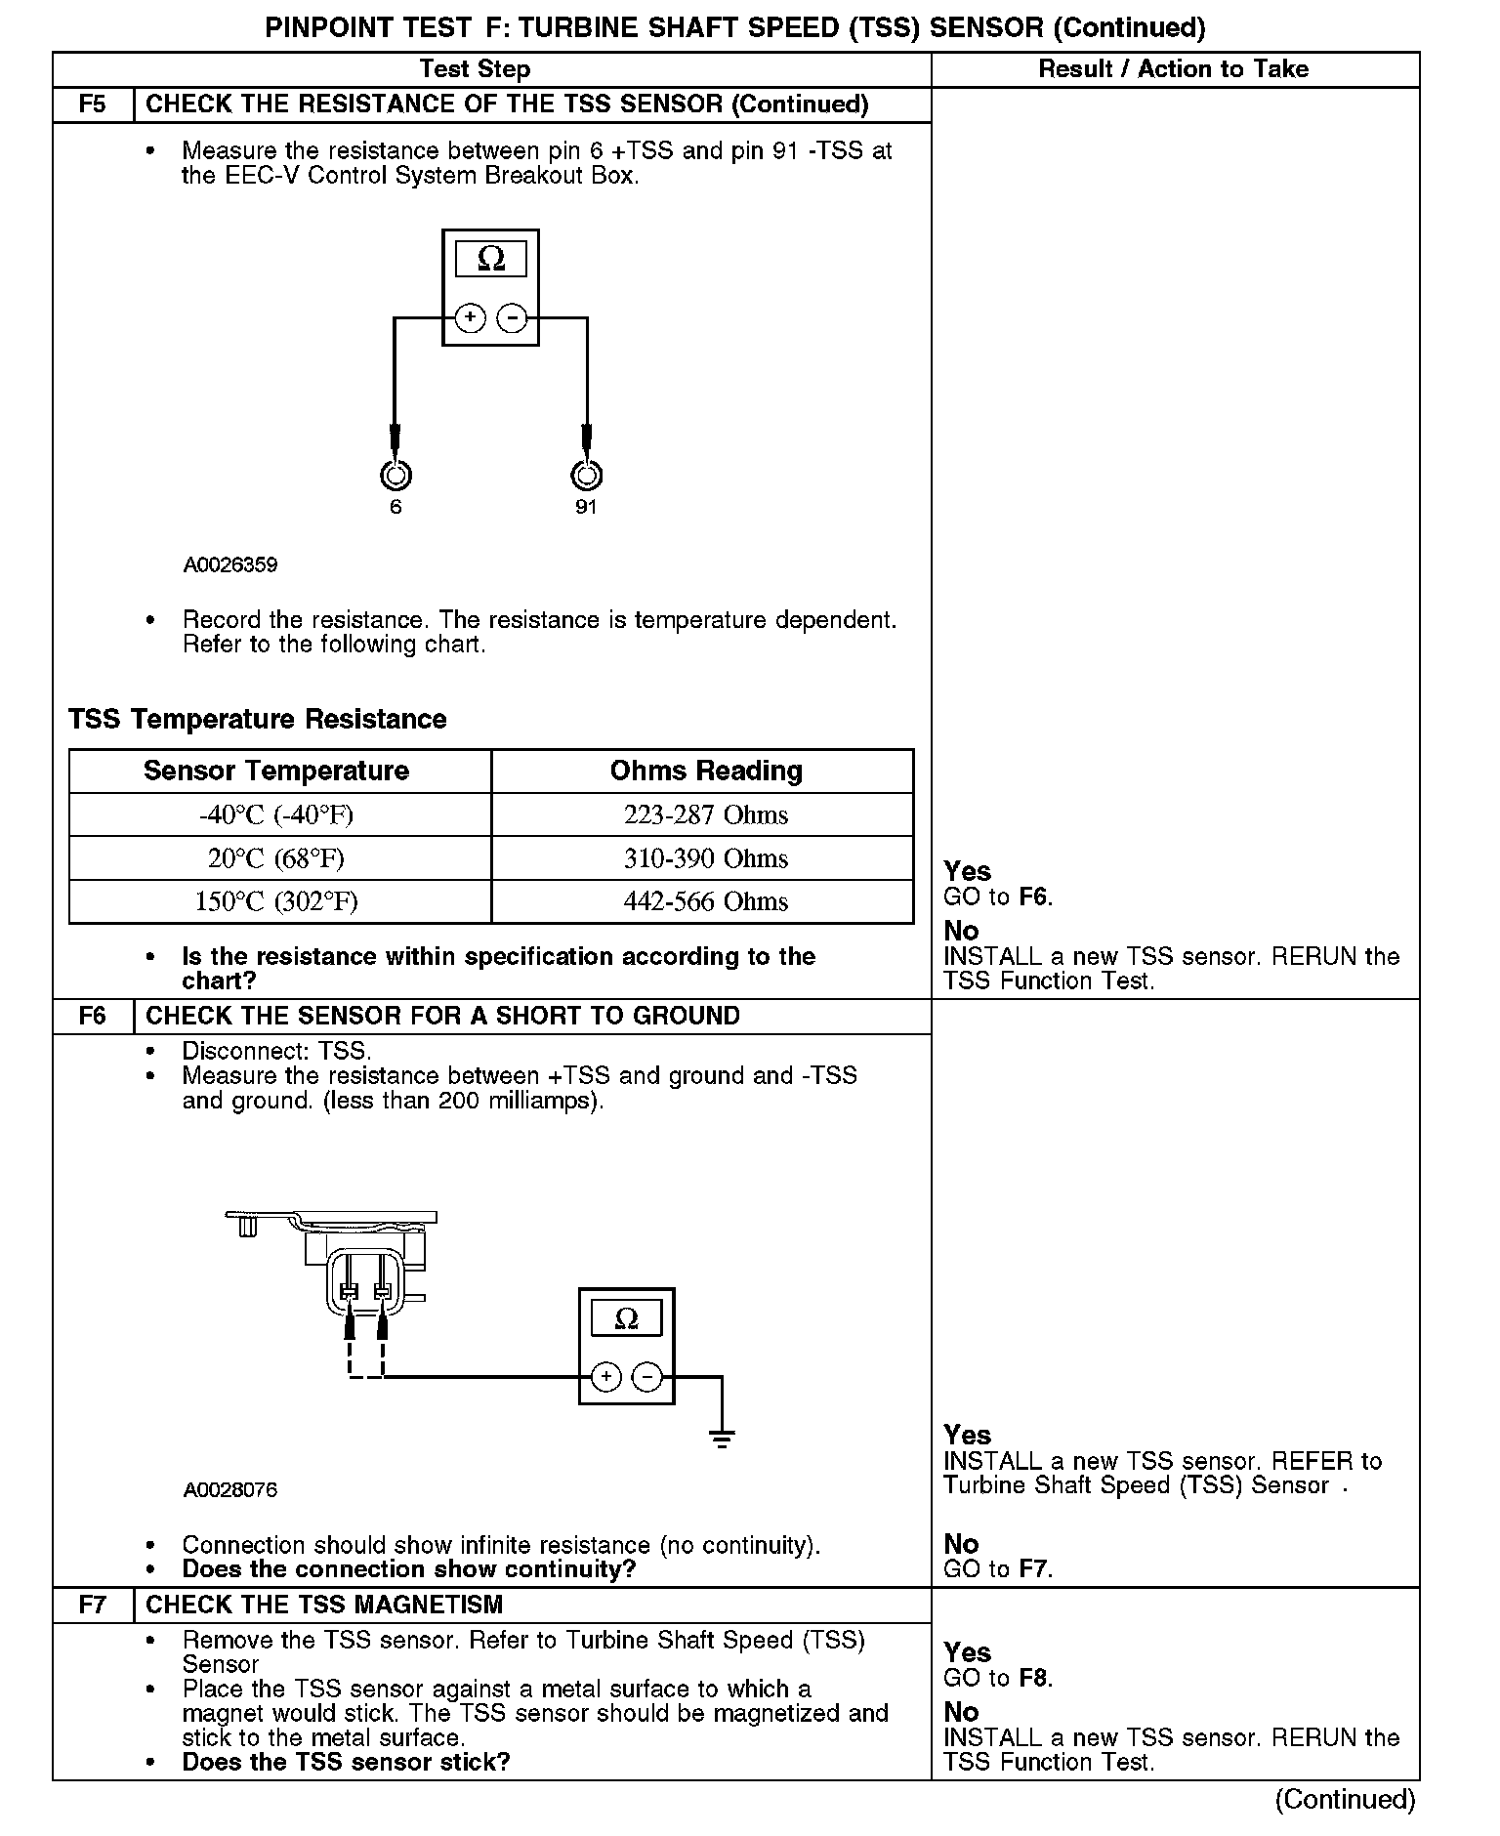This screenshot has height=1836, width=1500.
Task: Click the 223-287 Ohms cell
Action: (x=705, y=814)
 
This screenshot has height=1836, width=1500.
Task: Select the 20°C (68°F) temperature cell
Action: (x=276, y=858)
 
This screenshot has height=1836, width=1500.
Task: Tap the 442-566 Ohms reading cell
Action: (x=705, y=901)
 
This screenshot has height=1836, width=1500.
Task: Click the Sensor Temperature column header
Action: (x=276, y=771)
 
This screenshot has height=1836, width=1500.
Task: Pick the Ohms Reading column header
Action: (x=705, y=771)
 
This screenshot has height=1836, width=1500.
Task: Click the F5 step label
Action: (x=92, y=104)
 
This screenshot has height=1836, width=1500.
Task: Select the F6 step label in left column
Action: (x=92, y=1016)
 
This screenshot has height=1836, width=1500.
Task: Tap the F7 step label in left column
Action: (x=92, y=1605)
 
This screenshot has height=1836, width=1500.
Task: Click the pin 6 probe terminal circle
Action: (x=396, y=476)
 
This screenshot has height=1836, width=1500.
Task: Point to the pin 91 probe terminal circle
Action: (x=586, y=476)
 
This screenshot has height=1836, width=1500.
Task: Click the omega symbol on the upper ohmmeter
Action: (x=491, y=260)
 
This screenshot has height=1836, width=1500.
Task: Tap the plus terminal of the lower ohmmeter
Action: (x=606, y=1377)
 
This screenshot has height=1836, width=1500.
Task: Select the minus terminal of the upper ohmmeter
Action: (x=513, y=318)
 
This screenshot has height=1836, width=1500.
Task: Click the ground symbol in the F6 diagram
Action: (x=722, y=1439)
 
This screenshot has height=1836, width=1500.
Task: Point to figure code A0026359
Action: (x=229, y=565)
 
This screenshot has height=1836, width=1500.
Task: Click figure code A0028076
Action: (x=229, y=1489)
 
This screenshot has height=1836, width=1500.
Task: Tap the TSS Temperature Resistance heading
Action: (x=258, y=719)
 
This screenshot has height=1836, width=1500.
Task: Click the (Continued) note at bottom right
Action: (x=1345, y=1799)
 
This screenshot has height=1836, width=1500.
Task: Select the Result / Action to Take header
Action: (x=1173, y=69)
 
